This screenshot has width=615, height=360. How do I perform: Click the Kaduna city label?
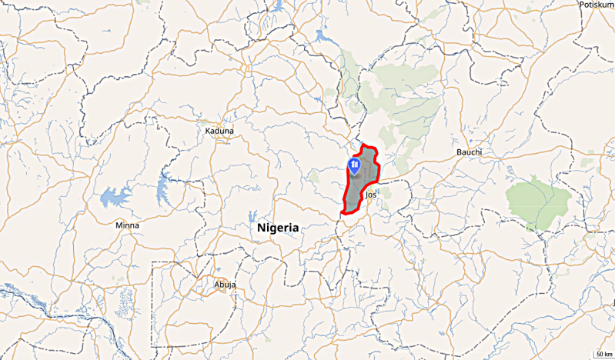click(219, 131)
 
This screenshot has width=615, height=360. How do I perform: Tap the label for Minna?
click(127, 225)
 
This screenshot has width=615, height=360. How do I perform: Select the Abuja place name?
click(225, 285)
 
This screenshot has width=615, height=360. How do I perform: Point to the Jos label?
click(372, 195)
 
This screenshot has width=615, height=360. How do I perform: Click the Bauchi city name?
click(469, 152)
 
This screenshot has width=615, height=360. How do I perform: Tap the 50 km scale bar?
click(603, 355)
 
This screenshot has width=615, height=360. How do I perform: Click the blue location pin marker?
click(355, 165)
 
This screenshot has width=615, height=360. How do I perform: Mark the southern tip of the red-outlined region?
click(343, 213)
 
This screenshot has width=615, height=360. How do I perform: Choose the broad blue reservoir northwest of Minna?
click(114, 197)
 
